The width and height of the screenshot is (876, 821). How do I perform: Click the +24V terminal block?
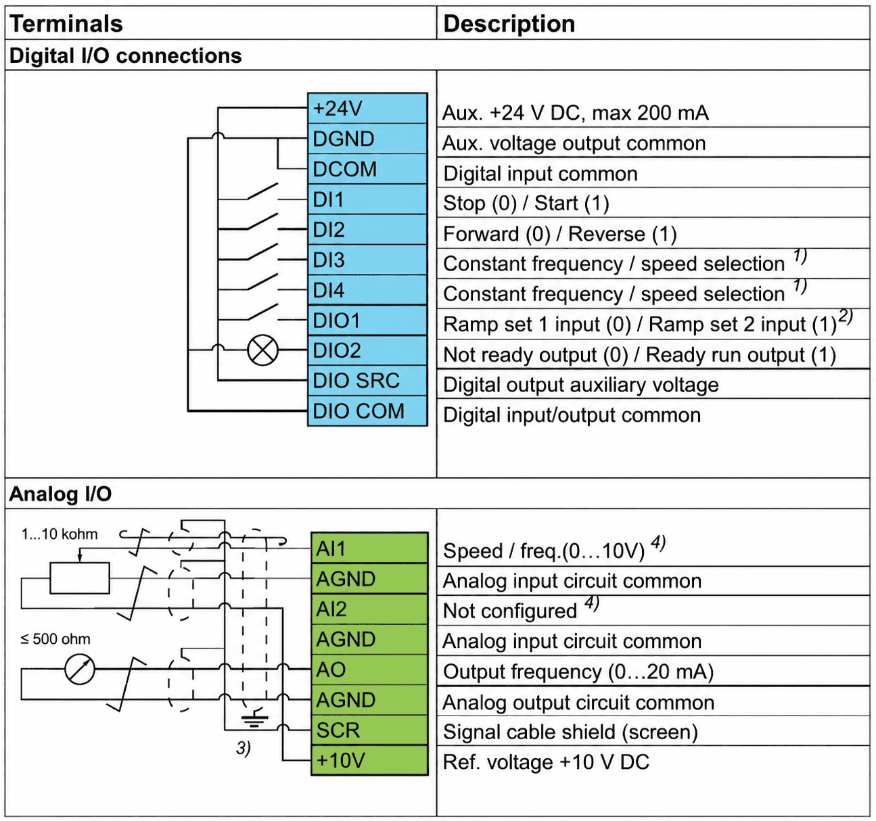click(x=367, y=108)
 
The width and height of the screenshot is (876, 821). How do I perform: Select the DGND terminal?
click(x=367, y=139)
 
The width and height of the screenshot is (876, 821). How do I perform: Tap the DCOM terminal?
click(x=367, y=169)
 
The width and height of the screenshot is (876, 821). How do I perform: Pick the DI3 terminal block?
click(x=367, y=260)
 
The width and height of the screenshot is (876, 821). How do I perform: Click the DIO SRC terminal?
click(x=367, y=380)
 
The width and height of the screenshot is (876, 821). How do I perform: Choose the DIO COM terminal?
click(x=367, y=410)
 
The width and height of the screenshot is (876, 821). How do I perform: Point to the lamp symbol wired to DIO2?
click(x=263, y=350)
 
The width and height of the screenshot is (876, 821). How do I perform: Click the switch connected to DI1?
click(x=262, y=191)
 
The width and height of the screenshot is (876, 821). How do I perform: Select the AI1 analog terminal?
click(x=369, y=548)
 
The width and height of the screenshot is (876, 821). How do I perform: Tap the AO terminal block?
click(x=369, y=670)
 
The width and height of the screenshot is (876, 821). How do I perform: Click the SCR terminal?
click(x=369, y=730)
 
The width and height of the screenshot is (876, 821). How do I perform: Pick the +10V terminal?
click(x=369, y=760)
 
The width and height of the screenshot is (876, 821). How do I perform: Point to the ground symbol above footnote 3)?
click(x=255, y=719)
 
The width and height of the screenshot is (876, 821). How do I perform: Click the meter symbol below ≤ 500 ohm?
click(x=79, y=670)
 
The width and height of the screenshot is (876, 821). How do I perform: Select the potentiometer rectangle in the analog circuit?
click(x=80, y=578)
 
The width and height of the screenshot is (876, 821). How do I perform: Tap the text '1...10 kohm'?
click(x=60, y=534)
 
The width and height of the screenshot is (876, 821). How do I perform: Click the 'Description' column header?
click(x=509, y=24)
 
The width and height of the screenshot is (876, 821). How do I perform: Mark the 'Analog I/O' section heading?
click(x=60, y=494)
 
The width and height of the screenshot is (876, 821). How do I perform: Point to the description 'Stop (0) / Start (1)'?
click(x=526, y=204)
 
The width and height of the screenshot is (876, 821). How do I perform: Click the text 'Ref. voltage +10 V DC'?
click(x=546, y=762)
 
